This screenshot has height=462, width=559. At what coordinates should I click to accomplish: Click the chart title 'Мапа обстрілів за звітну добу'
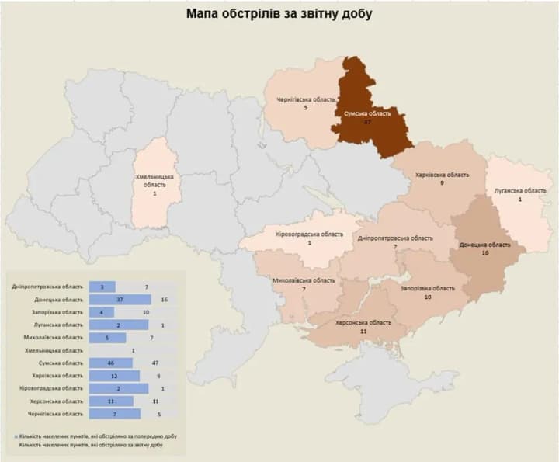(x=279, y=14)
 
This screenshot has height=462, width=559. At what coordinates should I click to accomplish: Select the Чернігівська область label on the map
(x=306, y=101)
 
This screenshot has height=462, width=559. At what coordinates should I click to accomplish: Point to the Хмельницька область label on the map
(x=155, y=180)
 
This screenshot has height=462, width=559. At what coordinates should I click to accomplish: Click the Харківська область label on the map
(x=441, y=175)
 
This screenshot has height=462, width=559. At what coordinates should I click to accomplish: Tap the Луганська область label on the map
(x=520, y=190)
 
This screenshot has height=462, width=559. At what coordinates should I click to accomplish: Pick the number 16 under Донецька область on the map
(x=484, y=253)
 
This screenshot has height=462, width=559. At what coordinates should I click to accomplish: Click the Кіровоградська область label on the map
(x=309, y=234)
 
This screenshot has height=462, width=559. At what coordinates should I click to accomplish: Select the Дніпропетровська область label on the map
(x=396, y=238)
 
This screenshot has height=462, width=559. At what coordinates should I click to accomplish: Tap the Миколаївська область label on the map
(x=304, y=280)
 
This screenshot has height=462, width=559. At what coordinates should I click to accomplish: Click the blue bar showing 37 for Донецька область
(x=120, y=299)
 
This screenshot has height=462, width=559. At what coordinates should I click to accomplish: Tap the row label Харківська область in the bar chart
(x=59, y=376)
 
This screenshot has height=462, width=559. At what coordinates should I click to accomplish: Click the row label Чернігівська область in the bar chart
(x=57, y=414)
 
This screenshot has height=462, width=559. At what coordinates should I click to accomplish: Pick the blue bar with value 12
(x=115, y=376)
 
